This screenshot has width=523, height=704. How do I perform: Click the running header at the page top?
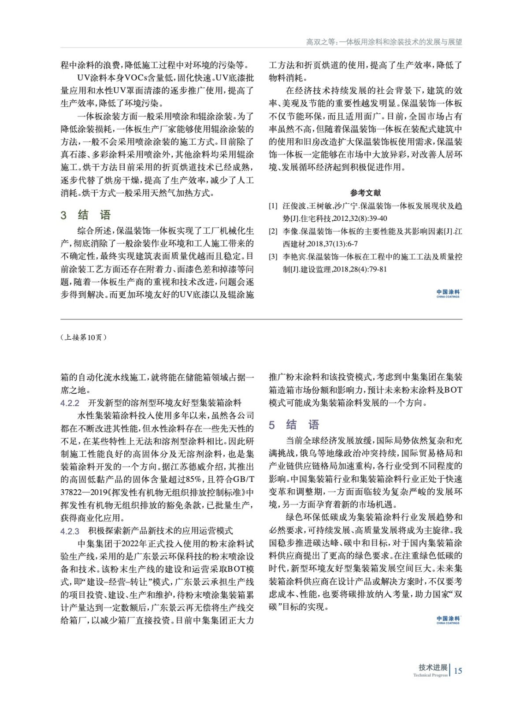[x=384, y=42]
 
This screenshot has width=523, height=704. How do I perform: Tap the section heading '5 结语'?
[x=294, y=425]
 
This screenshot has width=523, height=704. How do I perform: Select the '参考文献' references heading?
[x=366, y=193]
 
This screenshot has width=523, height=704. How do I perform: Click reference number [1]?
[x=273, y=206]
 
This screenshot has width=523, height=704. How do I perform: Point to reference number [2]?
[x=273, y=231]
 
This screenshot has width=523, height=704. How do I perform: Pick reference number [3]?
[x=273, y=257]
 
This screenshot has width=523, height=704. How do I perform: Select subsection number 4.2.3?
[x=70, y=531]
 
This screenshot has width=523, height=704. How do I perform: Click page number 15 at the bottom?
[x=458, y=671]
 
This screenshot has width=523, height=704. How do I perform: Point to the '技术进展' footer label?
[x=433, y=667]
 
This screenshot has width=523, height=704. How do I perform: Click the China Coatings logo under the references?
[x=448, y=293]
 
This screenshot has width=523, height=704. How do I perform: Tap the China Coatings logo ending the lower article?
[x=448, y=620]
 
